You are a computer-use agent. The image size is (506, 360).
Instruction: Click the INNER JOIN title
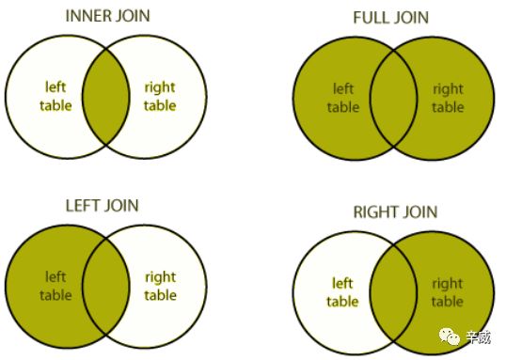108,16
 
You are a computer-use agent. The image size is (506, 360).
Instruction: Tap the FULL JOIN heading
391,18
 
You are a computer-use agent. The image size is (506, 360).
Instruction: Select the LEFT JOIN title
102,206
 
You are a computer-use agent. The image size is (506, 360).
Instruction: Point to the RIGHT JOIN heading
395,211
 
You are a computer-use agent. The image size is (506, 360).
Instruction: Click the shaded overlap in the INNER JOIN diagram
106,97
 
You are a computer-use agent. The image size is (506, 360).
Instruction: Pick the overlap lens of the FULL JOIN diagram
393,99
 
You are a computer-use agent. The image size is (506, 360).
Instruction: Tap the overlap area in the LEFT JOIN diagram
106,287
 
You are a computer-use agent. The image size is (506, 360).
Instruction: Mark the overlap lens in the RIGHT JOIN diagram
393,293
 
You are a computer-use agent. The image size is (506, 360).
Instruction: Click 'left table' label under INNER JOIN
55,97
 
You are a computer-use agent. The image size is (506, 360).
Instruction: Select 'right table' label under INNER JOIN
160,97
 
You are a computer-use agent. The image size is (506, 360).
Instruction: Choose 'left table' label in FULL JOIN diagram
343,98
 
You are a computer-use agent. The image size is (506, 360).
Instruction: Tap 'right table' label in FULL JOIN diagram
448,98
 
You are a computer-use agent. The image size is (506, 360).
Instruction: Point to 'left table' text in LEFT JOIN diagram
55,286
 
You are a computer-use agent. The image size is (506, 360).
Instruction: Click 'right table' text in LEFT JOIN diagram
160,286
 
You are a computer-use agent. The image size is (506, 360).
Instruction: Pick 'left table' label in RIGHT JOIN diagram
342,292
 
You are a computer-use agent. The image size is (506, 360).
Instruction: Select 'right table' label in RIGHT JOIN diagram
448,292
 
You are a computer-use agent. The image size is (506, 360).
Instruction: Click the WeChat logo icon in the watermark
450,337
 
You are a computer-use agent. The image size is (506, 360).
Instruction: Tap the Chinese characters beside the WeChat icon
479,337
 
